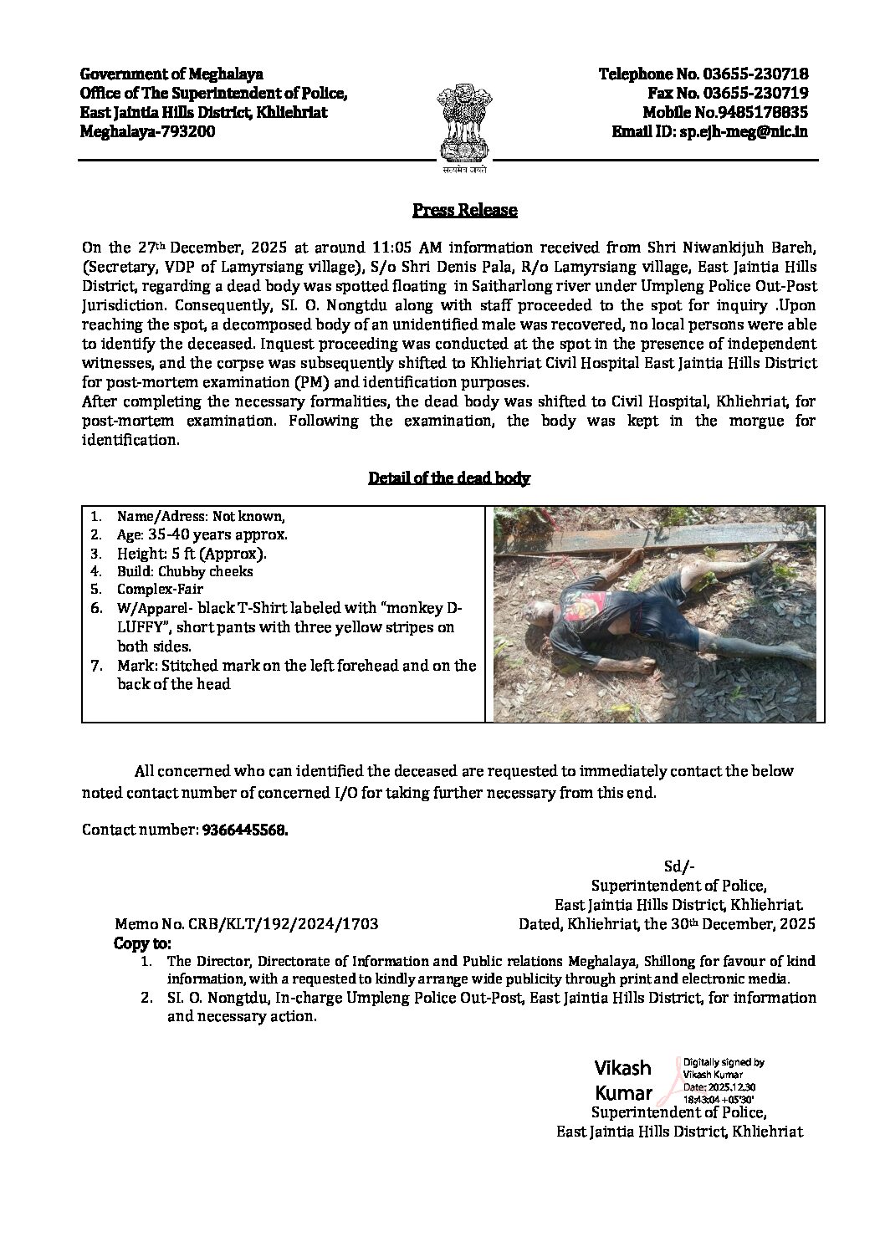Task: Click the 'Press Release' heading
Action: point(464,210)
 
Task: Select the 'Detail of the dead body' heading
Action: point(449,478)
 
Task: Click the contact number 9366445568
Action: point(244,830)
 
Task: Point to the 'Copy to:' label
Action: point(141,943)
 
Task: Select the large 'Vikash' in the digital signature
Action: point(622,1068)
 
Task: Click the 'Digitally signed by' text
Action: point(723,1062)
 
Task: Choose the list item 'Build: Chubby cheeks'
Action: point(185,571)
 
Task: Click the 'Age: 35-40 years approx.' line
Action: point(202,534)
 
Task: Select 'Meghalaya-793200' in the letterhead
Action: point(147,131)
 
